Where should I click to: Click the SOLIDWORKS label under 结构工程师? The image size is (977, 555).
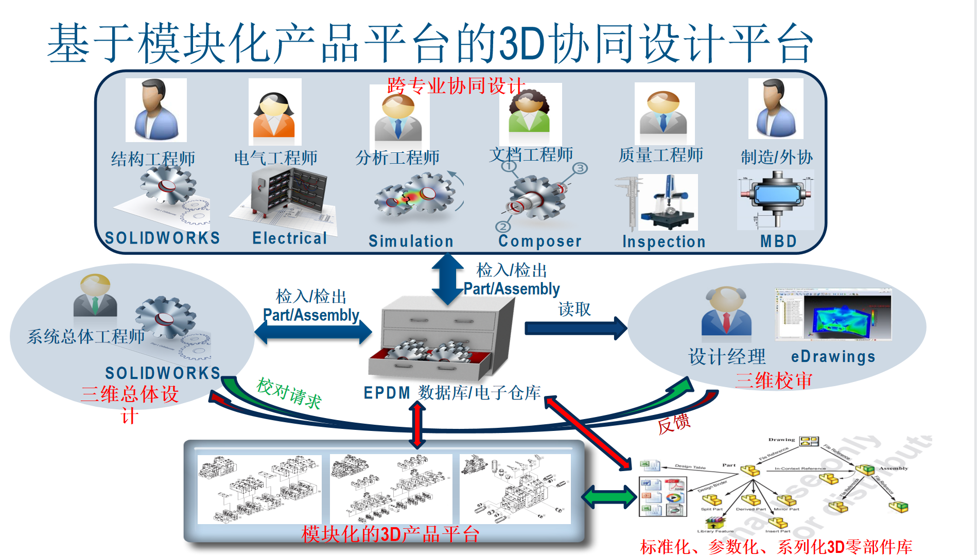click(162, 238)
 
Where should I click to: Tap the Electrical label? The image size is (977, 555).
click(289, 238)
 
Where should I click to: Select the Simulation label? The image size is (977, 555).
click(411, 241)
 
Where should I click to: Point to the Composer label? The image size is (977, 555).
click(539, 241)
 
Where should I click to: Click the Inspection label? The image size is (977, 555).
click(664, 241)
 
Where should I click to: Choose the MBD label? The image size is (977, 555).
click(778, 241)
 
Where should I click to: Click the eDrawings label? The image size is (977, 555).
click(833, 356)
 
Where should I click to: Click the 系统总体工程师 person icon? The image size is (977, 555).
click(95, 296)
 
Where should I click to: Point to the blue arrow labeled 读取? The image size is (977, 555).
click(575, 328)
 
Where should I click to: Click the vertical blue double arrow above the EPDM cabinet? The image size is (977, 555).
click(447, 280)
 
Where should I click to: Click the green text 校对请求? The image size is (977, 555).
click(289, 393)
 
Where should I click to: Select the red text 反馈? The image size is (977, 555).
click(674, 423)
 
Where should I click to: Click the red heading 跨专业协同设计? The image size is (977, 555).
click(456, 86)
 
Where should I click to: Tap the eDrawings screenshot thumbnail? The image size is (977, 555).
click(833, 314)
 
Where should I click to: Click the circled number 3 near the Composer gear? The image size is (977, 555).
click(580, 168)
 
